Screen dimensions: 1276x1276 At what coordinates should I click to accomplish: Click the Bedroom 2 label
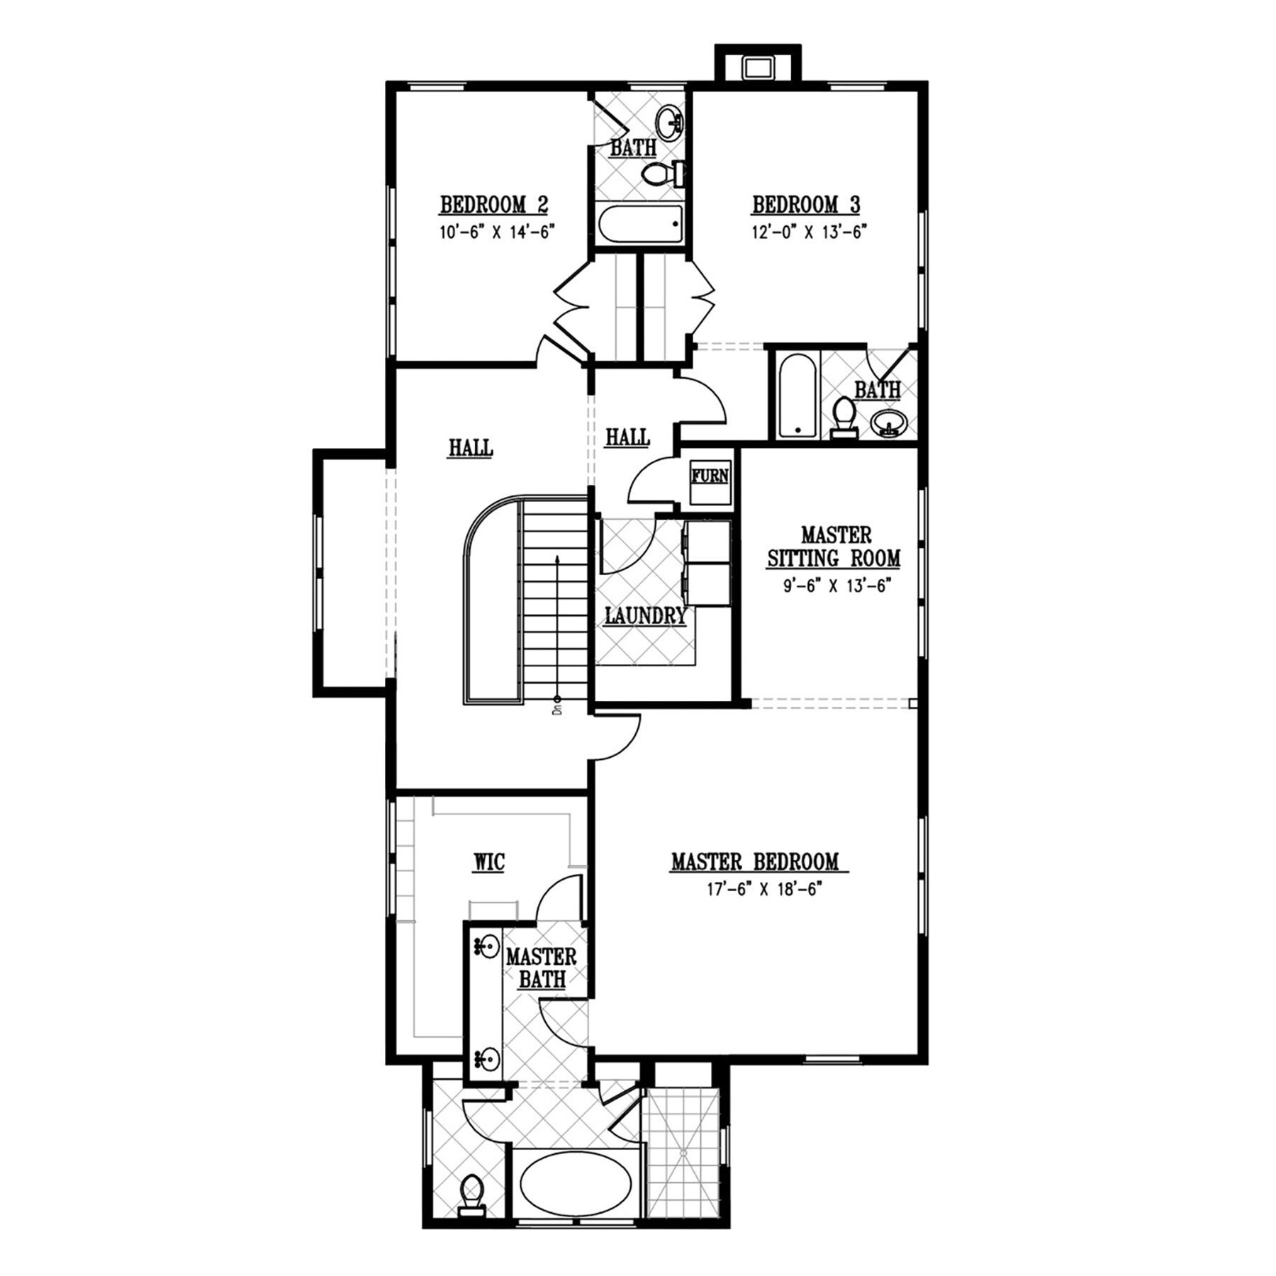[x=494, y=205]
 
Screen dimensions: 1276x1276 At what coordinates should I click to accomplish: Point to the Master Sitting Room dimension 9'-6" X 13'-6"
[x=834, y=586]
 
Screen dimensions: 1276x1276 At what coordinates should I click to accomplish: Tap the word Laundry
[x=645, y=616]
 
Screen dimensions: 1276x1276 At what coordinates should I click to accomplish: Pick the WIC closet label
[x=489, y=862]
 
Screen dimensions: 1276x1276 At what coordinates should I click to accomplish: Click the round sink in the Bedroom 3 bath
[x=888, y=422]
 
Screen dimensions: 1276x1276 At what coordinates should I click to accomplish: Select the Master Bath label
[x=541, y=968]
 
